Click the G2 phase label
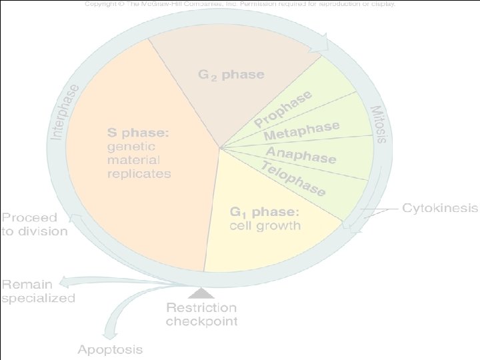pos(231,74)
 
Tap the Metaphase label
pos(301,131)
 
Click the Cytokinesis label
pos(440,208)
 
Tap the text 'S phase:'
pos(139,132)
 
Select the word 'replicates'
pos(139,173)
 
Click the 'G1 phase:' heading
pos(265,212)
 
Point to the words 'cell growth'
pos(265,225)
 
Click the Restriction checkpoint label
pos(201,314)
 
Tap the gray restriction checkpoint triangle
pos(201,293)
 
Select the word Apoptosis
pos(110,349)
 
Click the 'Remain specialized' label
pos(38,291)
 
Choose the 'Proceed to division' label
pos(34,225)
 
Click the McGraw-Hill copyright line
pos(240,4)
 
